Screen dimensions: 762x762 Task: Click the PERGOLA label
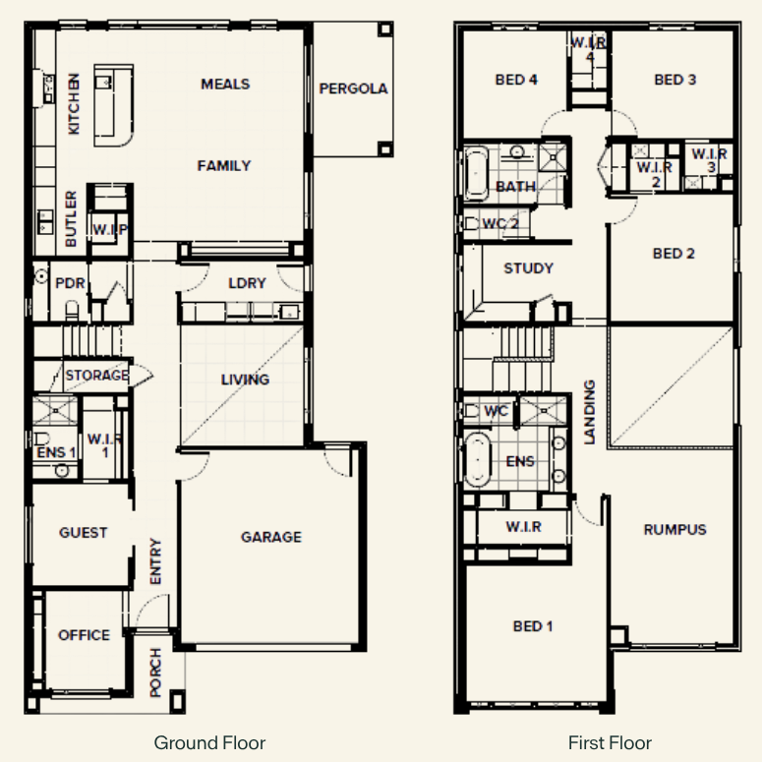pyautogui.click(x=353, y=88)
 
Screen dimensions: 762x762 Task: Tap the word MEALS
pyautogui.click(x=225, y=85)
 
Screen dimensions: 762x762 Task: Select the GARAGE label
pyautogui.click(x=271, y=537)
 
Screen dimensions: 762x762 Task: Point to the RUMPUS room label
pyautogui.click(x=675, y=530)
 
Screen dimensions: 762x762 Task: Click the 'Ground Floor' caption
pyautogui.click(x=209, y=743)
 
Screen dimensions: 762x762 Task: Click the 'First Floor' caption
pyautogui.click(x=610, y=743)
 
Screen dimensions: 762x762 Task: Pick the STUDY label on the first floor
pyautogui.click(x=529, y=268)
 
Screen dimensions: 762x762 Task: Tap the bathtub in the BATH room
pyautogui.click(x=476, y=172)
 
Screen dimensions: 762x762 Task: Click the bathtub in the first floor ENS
pyautogui.click(x=477, y=460)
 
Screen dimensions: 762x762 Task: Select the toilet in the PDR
pyautogui.click(x=72, y=310)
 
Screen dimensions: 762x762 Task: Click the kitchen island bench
pyautogui.click(x=113, y=105)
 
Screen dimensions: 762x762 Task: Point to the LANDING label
pyautogui.click(x=589, y=412)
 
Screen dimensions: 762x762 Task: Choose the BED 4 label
pyautogui.click(x=516, y=80)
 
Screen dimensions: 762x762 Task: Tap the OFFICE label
pyautogui.click(x=84, y=635)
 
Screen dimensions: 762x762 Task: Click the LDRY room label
pyautogui.click(x=247, y=283)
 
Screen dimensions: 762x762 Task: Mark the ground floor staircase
pyautogui.click(x=91, y=341)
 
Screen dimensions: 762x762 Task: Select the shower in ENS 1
pyautogui.click(x=55, y=411)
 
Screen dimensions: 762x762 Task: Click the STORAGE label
pyautogui.click(x=96, y=376)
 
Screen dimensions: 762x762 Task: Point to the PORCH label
pyautogui.click(x=155, y=673)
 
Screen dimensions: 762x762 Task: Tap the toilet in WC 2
pyautogui.click(x=470, y=223)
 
